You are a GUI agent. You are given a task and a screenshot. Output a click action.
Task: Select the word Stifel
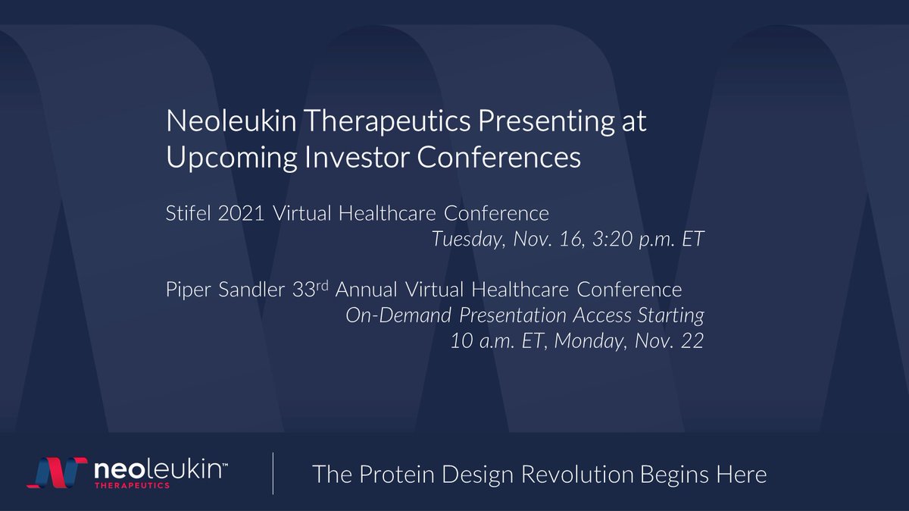point(188,215)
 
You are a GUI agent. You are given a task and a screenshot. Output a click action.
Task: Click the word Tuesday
point(468,240)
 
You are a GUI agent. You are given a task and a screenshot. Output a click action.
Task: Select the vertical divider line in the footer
point(273,474)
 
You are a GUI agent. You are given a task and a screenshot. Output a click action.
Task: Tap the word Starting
point(669,315)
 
